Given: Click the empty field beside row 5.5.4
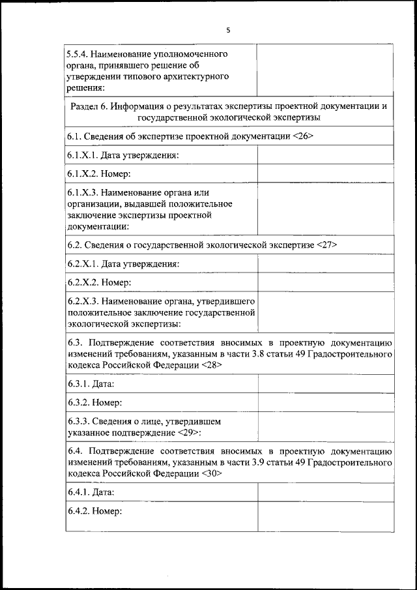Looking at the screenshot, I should tap(325, 70).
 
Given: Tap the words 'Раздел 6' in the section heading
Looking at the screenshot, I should tap(88, 106).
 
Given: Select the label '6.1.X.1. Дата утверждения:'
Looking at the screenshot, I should tap(123, 155).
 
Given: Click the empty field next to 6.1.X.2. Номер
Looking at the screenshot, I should tap(325, 173).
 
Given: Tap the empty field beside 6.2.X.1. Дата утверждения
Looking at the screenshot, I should tap(325, 264).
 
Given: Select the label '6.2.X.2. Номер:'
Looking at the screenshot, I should tap(100, 282).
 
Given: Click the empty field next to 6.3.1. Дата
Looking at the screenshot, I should tap(325, 384).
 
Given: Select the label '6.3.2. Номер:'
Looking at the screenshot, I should tap(94, 403).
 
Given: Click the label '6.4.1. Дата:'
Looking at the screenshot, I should tap(91, 493).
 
